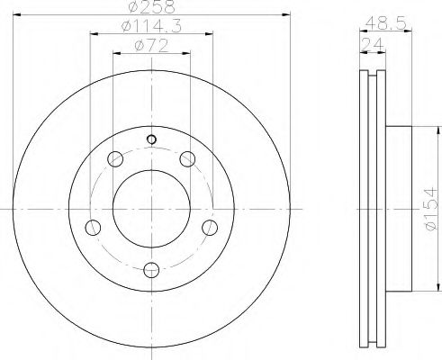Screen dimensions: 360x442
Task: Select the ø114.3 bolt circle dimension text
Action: [151, 29]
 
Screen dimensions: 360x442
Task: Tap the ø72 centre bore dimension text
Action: [151, 47]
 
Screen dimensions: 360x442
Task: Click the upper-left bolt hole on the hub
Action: [115, 160]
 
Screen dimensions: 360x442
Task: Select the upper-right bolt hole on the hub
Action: [187, 160]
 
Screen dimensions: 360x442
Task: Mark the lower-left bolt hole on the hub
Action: [93, 226]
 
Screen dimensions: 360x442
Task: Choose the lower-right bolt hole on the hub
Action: [210, 226]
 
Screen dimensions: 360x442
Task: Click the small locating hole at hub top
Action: [151, 139]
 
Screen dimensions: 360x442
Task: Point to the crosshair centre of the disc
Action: [151, 209]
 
